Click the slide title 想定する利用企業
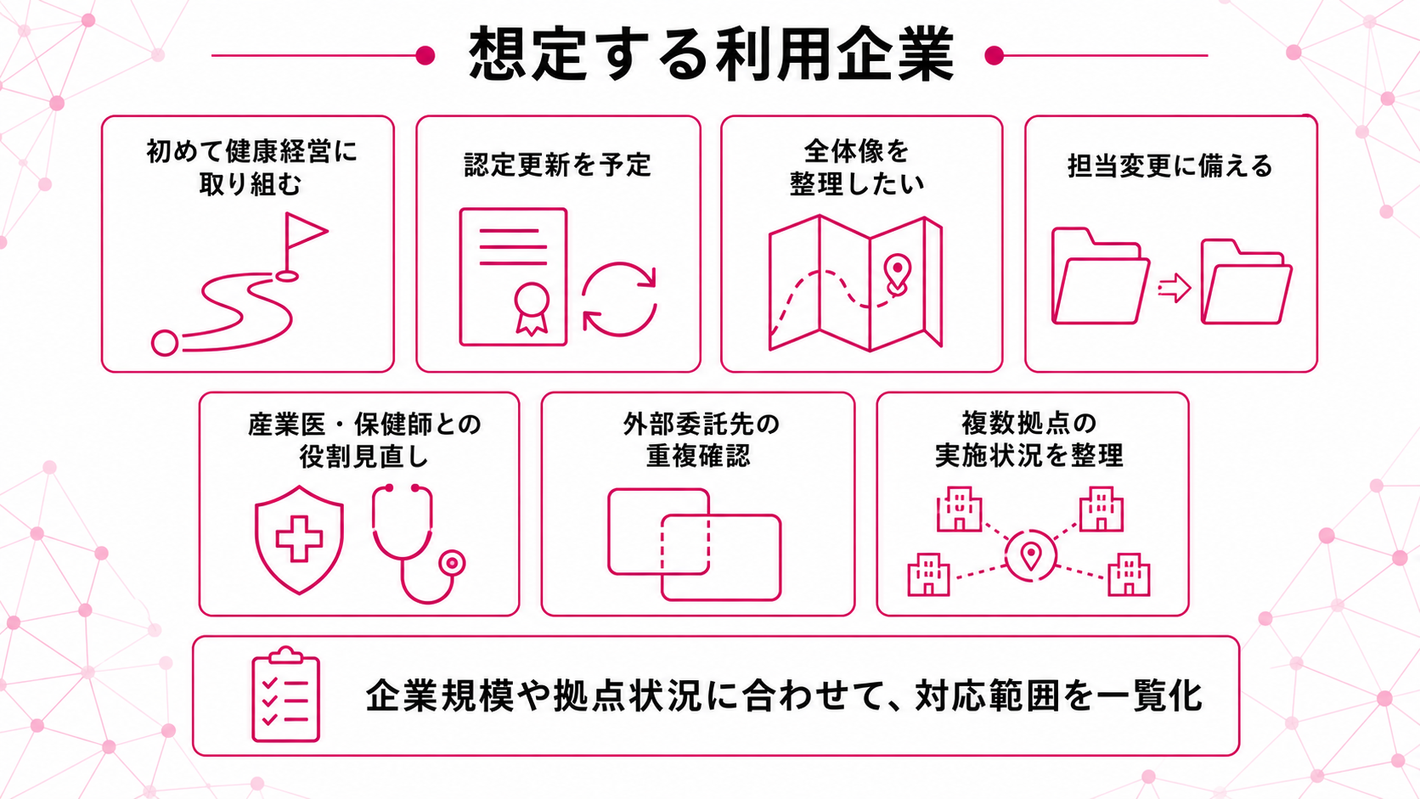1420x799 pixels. [711, 54]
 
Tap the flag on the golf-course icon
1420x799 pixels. [305, 231]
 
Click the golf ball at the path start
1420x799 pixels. [165, 343]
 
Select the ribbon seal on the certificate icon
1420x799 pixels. [532, 308]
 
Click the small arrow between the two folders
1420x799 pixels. [1175, 289]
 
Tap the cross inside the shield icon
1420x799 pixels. [299, 539]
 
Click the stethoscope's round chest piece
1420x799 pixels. [452, 563]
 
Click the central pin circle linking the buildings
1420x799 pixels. [1031, 556]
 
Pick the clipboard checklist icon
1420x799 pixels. [286, 695]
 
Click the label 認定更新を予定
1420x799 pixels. [558, 166]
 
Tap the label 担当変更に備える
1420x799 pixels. [1170, 166]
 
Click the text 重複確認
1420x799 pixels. [698, 456]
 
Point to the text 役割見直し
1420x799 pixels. [363, 457]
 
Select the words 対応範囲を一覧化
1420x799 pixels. [1059, 695]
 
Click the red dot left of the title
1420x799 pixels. [425, 56]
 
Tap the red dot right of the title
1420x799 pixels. [994, 56]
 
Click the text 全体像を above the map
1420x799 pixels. [856, 151]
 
